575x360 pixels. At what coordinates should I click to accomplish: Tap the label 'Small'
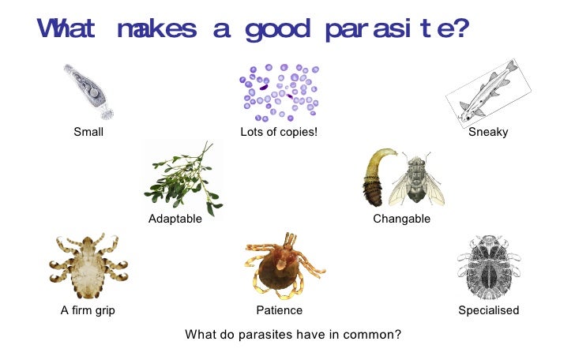tap(88, 132)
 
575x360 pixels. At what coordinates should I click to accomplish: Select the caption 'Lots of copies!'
tap(279, 132)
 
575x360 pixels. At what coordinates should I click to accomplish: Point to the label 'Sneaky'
tap(488, 132)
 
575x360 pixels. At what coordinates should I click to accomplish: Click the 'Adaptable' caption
tap(175, 219)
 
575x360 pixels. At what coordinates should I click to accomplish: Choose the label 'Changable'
tap(402, 219)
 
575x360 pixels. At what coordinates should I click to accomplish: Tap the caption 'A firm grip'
tap(88, 310)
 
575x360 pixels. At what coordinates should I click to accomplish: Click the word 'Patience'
tap(280, 310)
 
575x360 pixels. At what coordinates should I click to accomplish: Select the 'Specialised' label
tap(489, 310)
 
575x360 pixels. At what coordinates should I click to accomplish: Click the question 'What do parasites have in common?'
tap(293, 334)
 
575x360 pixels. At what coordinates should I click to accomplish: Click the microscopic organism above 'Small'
tap(86, 92)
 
